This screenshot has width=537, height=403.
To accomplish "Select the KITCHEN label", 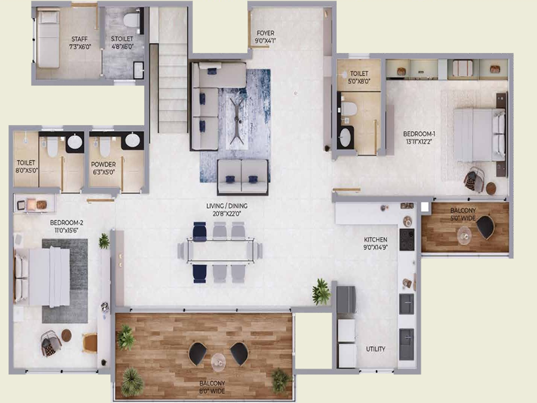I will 376,240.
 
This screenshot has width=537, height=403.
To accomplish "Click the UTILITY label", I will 375,349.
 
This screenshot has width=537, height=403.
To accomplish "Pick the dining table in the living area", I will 219,251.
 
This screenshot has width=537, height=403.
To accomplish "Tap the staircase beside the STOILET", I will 173,87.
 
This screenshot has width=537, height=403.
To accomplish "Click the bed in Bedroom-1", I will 478,134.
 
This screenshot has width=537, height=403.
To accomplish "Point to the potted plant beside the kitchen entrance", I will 321,292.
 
